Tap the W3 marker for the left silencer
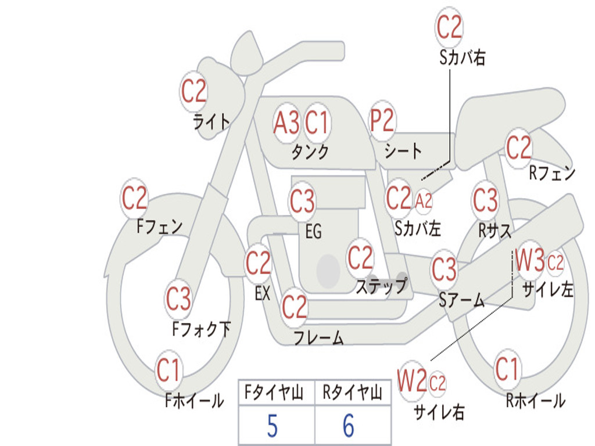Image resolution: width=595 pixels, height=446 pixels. pyautogui.click(x=529, y=262)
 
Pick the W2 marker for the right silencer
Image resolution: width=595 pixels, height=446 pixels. pyautogui.click(x=412, y=382)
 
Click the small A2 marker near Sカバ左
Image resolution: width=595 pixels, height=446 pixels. pyautogui.click(x=424, y=201)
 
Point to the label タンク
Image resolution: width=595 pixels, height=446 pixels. pyautogui.click(x=310, y=152)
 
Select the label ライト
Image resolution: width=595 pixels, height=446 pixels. pyautogui.click(x=212, y=121)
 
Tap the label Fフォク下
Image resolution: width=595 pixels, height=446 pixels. pyautogui.click(x=201, y=329)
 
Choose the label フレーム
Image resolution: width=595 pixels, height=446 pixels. pyautogui.click(x=318, y=338)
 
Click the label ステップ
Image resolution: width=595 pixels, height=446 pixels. pyautogui.click(x=381, y=286)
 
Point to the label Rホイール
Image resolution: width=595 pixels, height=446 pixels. pyautogui.click(x=535, y=401)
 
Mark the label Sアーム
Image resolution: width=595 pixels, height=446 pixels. pyautogui.click(x=461, y=300)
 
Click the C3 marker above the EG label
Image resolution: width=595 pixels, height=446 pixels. pyautogui.click(x=302, y=202)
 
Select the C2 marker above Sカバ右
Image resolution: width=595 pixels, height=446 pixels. pyautogui.click(x=449, y=27)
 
